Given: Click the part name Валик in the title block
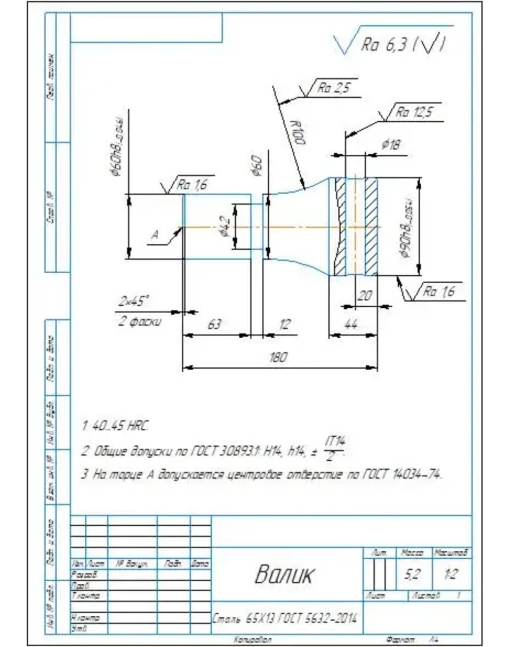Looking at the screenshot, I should (285, 574).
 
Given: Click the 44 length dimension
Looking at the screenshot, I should (351, 325).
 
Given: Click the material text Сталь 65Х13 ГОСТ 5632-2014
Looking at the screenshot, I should (286, 620).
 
